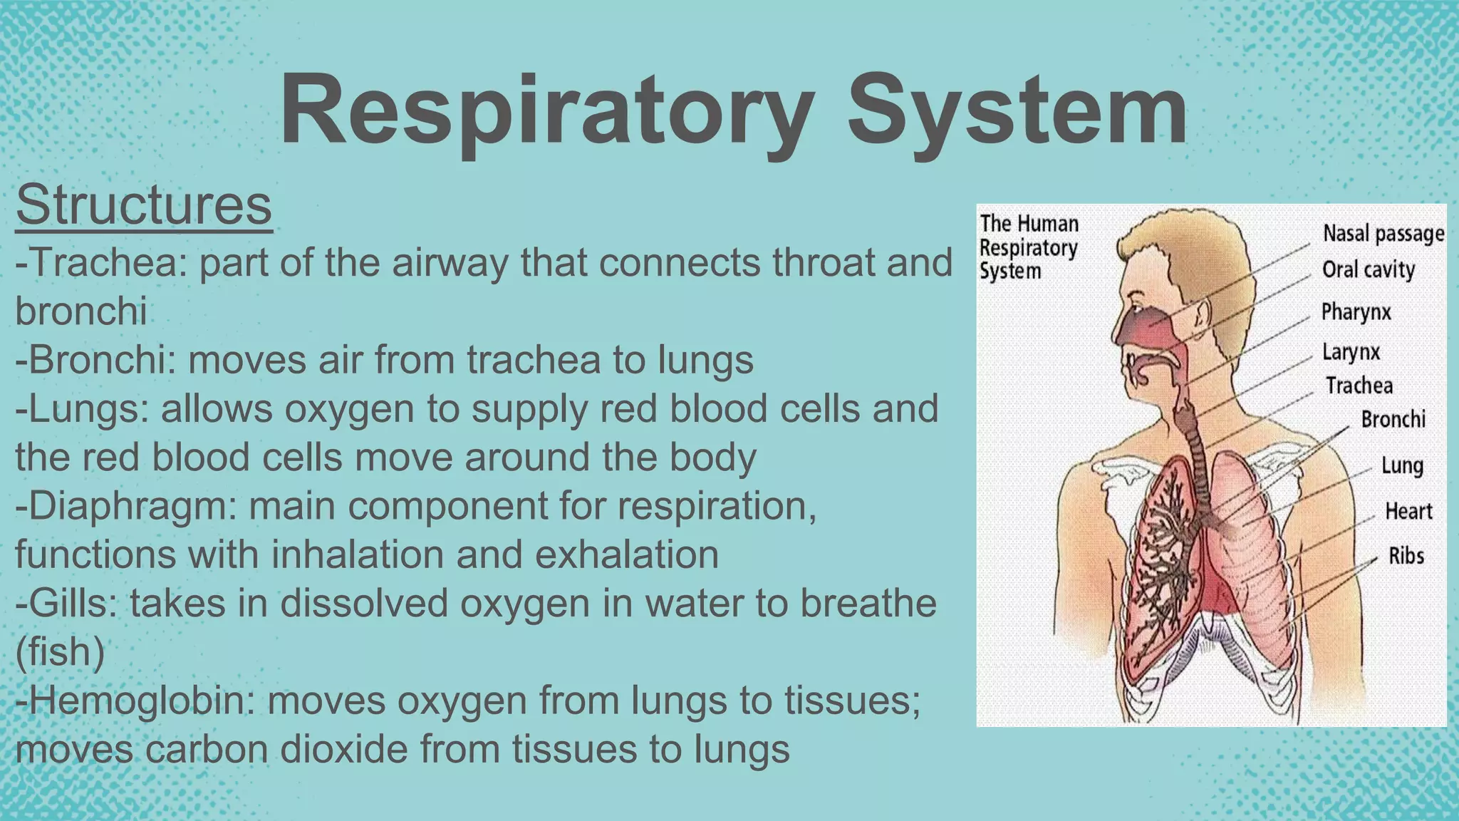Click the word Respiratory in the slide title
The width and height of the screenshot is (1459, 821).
pos(546,112)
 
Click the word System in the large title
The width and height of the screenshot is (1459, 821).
pos(1017,112)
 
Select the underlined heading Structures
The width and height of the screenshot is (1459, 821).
pos(144,205)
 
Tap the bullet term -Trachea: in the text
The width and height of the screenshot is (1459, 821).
pos(100,262)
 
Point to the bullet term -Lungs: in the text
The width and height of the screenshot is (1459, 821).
pos(82,408)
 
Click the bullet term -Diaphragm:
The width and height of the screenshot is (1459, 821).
pos(125,506)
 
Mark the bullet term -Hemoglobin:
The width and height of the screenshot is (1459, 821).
pos(135,701)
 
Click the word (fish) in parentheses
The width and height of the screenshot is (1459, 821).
pos(60,651)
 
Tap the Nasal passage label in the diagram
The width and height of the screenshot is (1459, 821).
pos(1383,234)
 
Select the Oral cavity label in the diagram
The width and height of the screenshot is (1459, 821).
pos(1368,269)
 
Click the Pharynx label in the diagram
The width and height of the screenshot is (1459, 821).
pos(1356,312)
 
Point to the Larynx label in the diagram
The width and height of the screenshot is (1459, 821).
pos(1351,352)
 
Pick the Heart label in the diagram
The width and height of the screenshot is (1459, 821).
pos(1408,511)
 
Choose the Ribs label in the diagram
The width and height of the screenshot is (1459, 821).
pos(1406,556)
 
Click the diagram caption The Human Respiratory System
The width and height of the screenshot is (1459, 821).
pos(1028,247)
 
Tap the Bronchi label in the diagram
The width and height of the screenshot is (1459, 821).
pos(1393,419)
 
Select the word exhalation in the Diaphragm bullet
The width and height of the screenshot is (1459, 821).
pos(627,554)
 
